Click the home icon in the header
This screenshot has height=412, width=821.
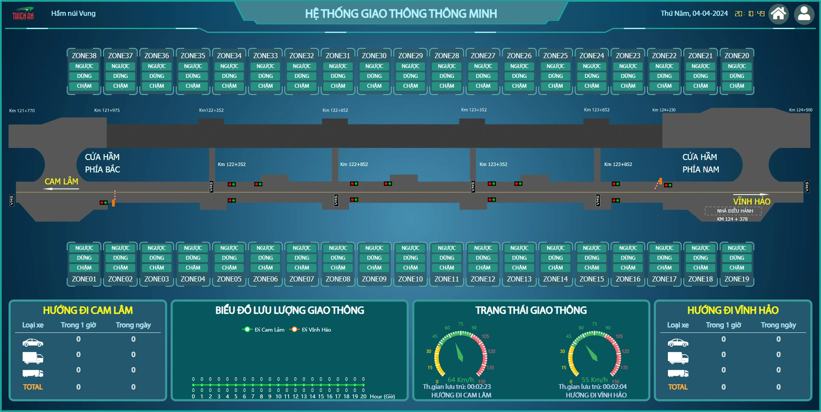[x=778, y=14]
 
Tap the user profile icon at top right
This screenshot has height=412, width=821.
[x=804, y=14]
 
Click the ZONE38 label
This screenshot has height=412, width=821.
[x=84, y=56]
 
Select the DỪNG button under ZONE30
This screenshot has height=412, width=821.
[x=374, y=76]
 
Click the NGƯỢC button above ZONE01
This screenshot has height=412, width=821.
[x=84, y=248]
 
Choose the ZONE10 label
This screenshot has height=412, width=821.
[x=410, y=279]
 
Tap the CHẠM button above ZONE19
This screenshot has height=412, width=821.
[x=737, y=268]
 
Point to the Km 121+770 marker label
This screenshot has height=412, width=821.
[x=22, y=111]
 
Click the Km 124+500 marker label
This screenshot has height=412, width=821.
[x=800, y=110]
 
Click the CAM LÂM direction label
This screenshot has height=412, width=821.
[x=62, y=182]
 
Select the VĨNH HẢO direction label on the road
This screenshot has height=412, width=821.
[x=751, y=202]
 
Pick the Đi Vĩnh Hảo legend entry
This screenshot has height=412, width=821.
[x=311, y=329]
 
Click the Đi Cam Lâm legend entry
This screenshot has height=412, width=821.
[x=264, y=329]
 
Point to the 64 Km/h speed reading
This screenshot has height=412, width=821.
[x=461, y=379]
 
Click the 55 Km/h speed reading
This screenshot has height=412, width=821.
[x=594, y=379]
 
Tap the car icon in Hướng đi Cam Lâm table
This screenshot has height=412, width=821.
[x=33, y=343]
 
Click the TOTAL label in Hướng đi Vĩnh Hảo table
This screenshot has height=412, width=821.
[x=678, y=387]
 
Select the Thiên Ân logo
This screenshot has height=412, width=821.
[x=23, y=14]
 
